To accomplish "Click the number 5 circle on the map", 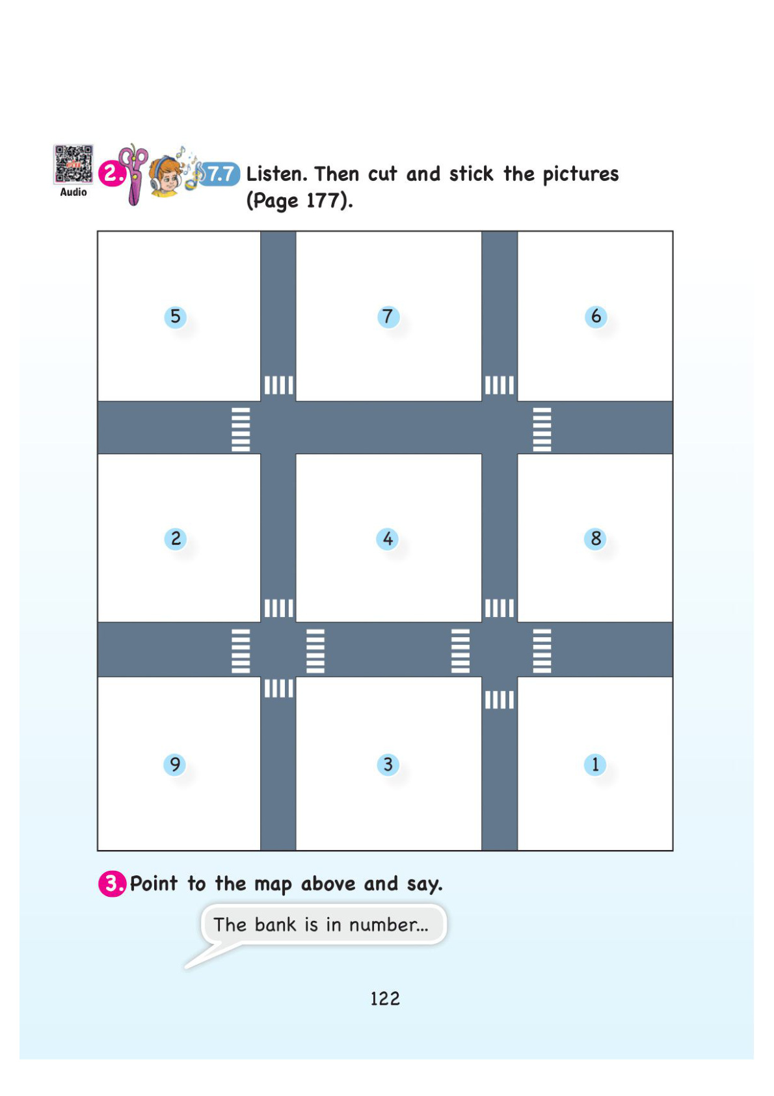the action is click(x=175, y=316).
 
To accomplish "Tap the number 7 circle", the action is click(x=388, y=316).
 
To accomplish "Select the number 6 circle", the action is click(x=596, y=316).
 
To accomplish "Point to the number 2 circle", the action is click(x=176, y=538).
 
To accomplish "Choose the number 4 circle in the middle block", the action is click(x=387, y=538).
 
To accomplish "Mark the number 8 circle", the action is click(x=595, y=538).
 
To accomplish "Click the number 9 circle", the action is click(x=174, y=764).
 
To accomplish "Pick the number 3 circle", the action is click(x=388, y=764).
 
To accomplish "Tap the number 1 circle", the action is click(x=595, y=764).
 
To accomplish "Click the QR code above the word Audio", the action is click(x=73, y=165).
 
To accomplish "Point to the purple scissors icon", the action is click(x=133, y=174).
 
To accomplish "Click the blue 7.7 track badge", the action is click(x=220, y=174).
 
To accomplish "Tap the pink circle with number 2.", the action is click(x=111, y=174).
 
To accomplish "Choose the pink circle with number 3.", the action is click(x=112, y=884).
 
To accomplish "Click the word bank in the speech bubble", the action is click(x=275, y=924).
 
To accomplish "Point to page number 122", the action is click(x=385, y=998).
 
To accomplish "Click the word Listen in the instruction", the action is click(x=276, y=174).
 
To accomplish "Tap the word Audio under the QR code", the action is click(x=73, y=192).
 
